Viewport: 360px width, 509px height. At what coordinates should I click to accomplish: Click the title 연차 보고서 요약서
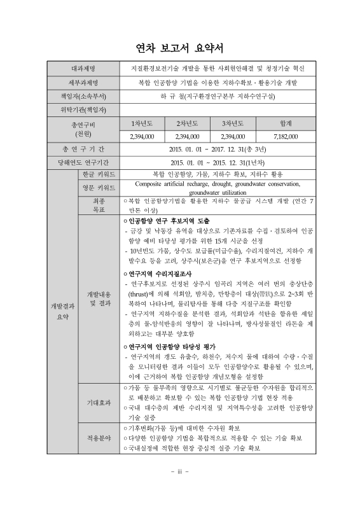click(179, 48)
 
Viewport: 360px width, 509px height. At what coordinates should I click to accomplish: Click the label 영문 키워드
click(98, 188)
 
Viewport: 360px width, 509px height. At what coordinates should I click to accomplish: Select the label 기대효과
click(98, 402)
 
